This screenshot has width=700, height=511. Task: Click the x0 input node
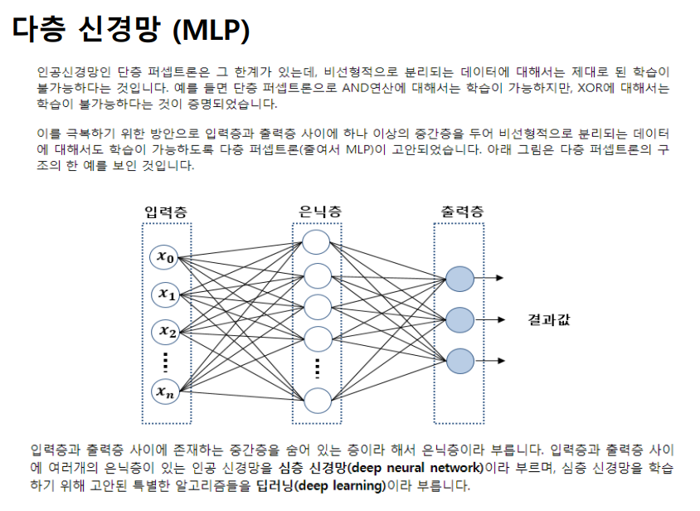(164, 257)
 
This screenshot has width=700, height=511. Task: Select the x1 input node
(164, 293)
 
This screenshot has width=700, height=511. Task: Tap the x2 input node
(164, 330)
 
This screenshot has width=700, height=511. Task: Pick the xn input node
(164, 391)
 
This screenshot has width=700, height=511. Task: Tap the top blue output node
(459, 278)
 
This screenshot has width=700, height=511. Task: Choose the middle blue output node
(459, 319)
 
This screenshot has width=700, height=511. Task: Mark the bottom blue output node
(459, 361)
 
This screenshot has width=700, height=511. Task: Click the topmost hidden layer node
(317, 242)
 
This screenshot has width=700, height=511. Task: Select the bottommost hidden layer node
(317, 400)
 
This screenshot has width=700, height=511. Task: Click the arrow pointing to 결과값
(496, 319)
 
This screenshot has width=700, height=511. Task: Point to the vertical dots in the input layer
(164, 360)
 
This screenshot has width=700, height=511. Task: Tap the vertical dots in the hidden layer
(317, 367)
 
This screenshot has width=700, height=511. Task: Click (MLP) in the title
(211, 32)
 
